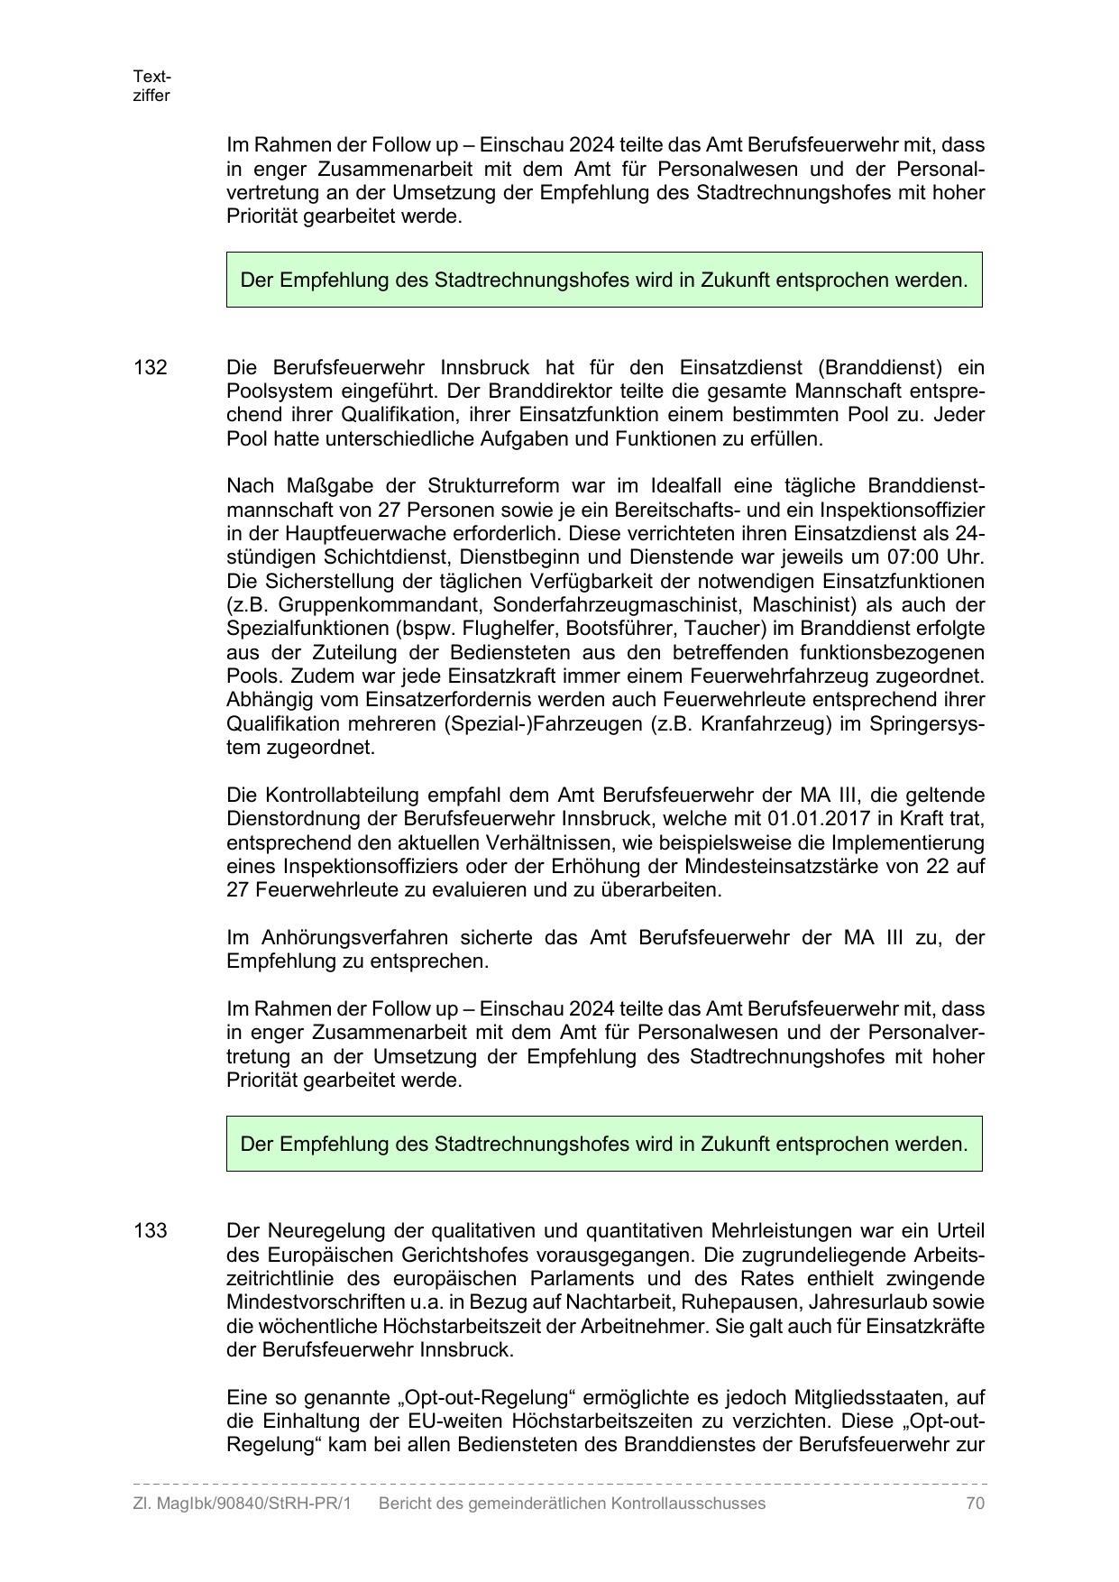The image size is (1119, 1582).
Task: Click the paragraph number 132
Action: click(151, 368)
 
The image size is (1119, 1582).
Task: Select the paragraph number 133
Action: click(151, 1231)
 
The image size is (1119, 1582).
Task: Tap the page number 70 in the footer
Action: click(974, 1504)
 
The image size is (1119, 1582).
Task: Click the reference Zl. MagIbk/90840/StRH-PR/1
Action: click(242, 1504)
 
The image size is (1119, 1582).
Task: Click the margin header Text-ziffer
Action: click(151, 86)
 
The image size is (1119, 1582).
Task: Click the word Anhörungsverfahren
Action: click(350, 938)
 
